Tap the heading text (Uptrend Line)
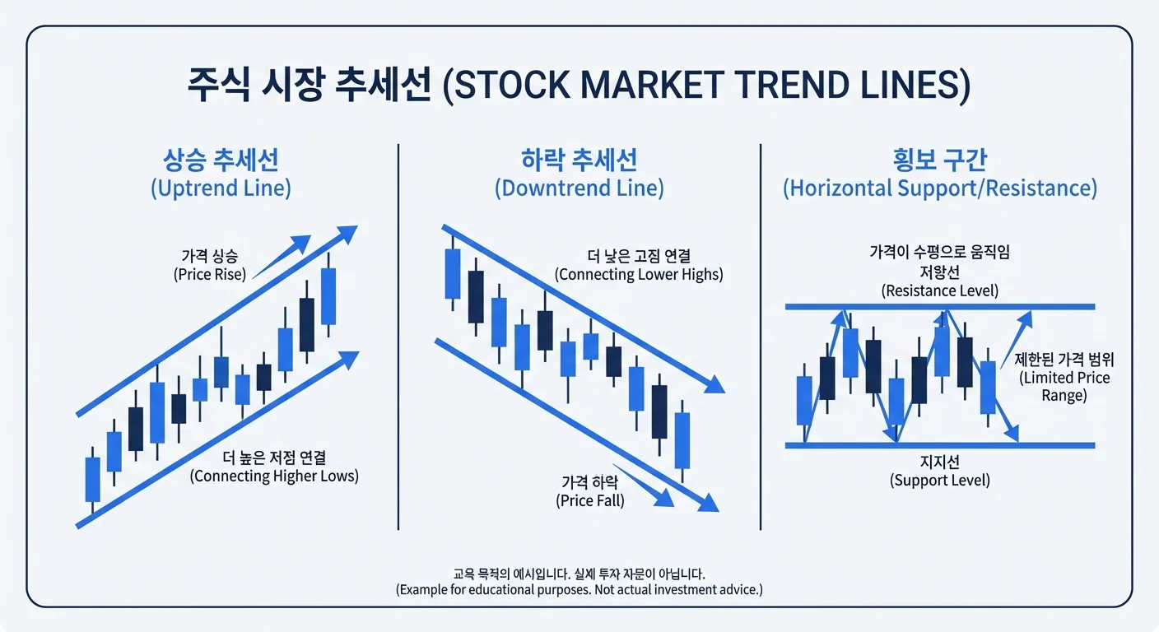pyautogui.click(x=221, y=188)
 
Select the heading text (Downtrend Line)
pyautogui.click(x=579, y=188)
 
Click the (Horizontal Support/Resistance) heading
pyautogui.click(x=939, y=188)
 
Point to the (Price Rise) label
pyautogui.click(x=210, y=274)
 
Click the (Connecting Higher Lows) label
pyautogui.click(x=274, y=476)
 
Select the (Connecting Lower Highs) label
pyautogui.click(x=639, y=274)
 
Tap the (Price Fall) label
pyautogui.click(x=590, y=500)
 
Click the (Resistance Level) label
pyautogui.click(x=939, y=290)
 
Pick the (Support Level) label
pyautogui.click(x=939, y=481)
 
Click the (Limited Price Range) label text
pyautogui.click(x=1064, y=386)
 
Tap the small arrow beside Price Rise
pyautogui.click(x=282, y=257)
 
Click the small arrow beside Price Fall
pyautogui.click(x=643, y=486)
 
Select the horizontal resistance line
pyautogui.click(x=939, y=307)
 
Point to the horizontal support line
pyautogui.click(x=939, y=445)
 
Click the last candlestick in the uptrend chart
pyautogui.click(x=328, y=295)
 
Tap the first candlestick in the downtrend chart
pyautogui.click(x=453, y=273)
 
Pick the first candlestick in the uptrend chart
pyautogui.click(x=93, y=480)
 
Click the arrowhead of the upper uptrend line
pyautogui.click(x=348, y=234)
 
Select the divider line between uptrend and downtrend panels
pyautogui.click(x=398, y=337)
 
